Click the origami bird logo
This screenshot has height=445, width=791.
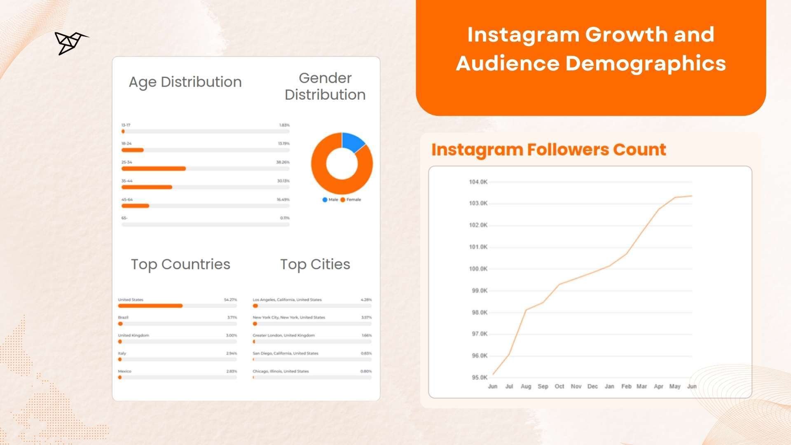[71, 42]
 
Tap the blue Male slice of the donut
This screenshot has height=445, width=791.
[352, 142]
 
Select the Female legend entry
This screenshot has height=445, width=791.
[351, 200]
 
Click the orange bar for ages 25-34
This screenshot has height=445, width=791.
[154, 169]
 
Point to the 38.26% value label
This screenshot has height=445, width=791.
[283, 162]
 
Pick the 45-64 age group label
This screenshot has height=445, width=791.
[127, 199]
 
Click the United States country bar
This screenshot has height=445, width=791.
[150, 306]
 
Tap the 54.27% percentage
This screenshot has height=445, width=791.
[230, 300]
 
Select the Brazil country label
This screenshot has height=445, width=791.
[123, 318]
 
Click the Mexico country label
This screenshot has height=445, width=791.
[124, 371]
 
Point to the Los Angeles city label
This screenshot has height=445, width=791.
[287, 300]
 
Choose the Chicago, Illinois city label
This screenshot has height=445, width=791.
[281, 371]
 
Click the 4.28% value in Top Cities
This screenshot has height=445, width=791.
[366, 300]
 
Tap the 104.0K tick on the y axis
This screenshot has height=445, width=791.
[478, 182]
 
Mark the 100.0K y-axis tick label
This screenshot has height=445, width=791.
[478, 269]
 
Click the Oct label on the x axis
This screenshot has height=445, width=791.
[559, 386]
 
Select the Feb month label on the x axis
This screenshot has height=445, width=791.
[626, 386]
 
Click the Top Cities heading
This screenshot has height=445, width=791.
[315, 264]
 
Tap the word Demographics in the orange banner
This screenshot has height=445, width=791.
[646, 63]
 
